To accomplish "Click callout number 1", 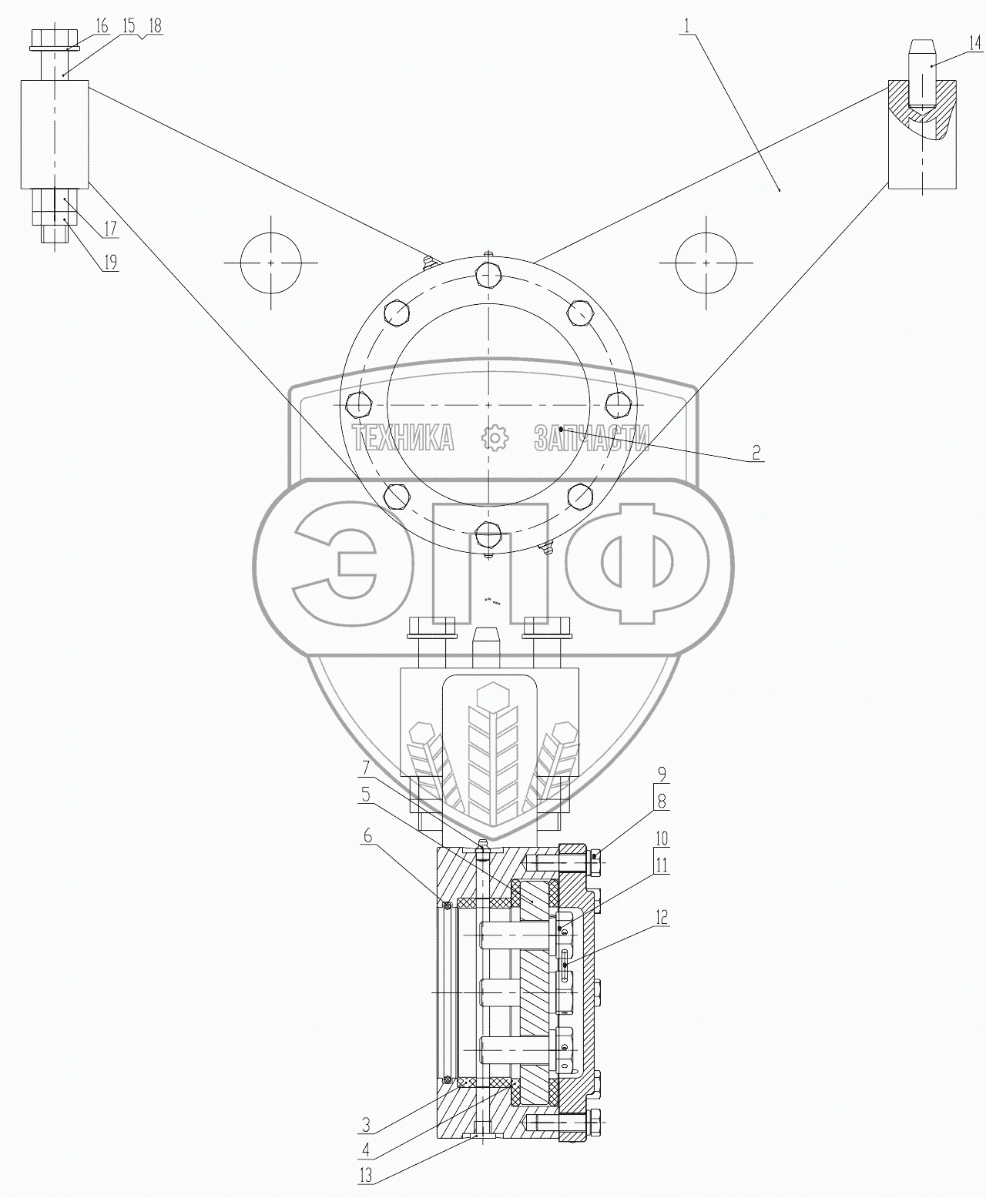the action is (686, 25).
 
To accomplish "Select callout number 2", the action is (756, 452).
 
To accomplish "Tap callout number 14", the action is (975, 43).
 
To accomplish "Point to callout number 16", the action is (102, 26).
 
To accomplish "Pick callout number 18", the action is (154, 25).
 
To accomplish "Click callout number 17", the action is (110, 229).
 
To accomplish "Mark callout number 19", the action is (110, 262).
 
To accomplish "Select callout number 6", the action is (367, 835).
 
